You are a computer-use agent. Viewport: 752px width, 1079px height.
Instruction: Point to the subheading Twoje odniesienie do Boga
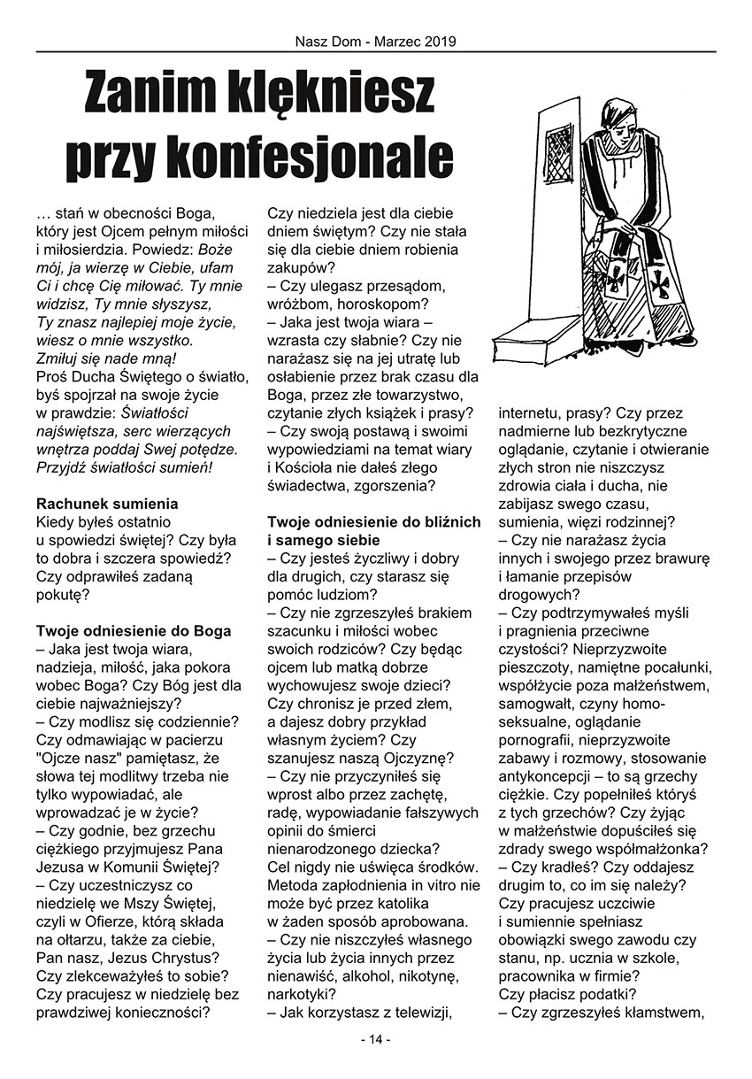tap(133, 631)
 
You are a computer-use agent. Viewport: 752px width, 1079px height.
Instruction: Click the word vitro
tap(441, 885)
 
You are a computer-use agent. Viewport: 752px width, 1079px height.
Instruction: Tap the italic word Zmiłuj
tap(60, 358)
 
